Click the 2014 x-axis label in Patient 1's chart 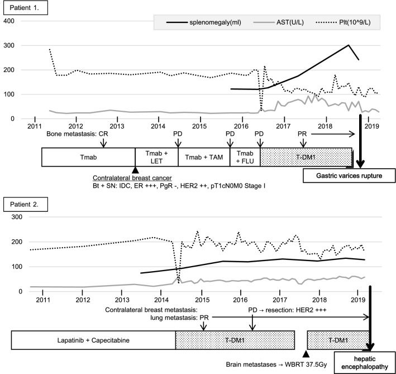[159, 127]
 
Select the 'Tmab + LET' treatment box [156, 158]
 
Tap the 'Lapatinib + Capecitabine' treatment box [93, 340]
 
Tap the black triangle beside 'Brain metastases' [306, 353]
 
